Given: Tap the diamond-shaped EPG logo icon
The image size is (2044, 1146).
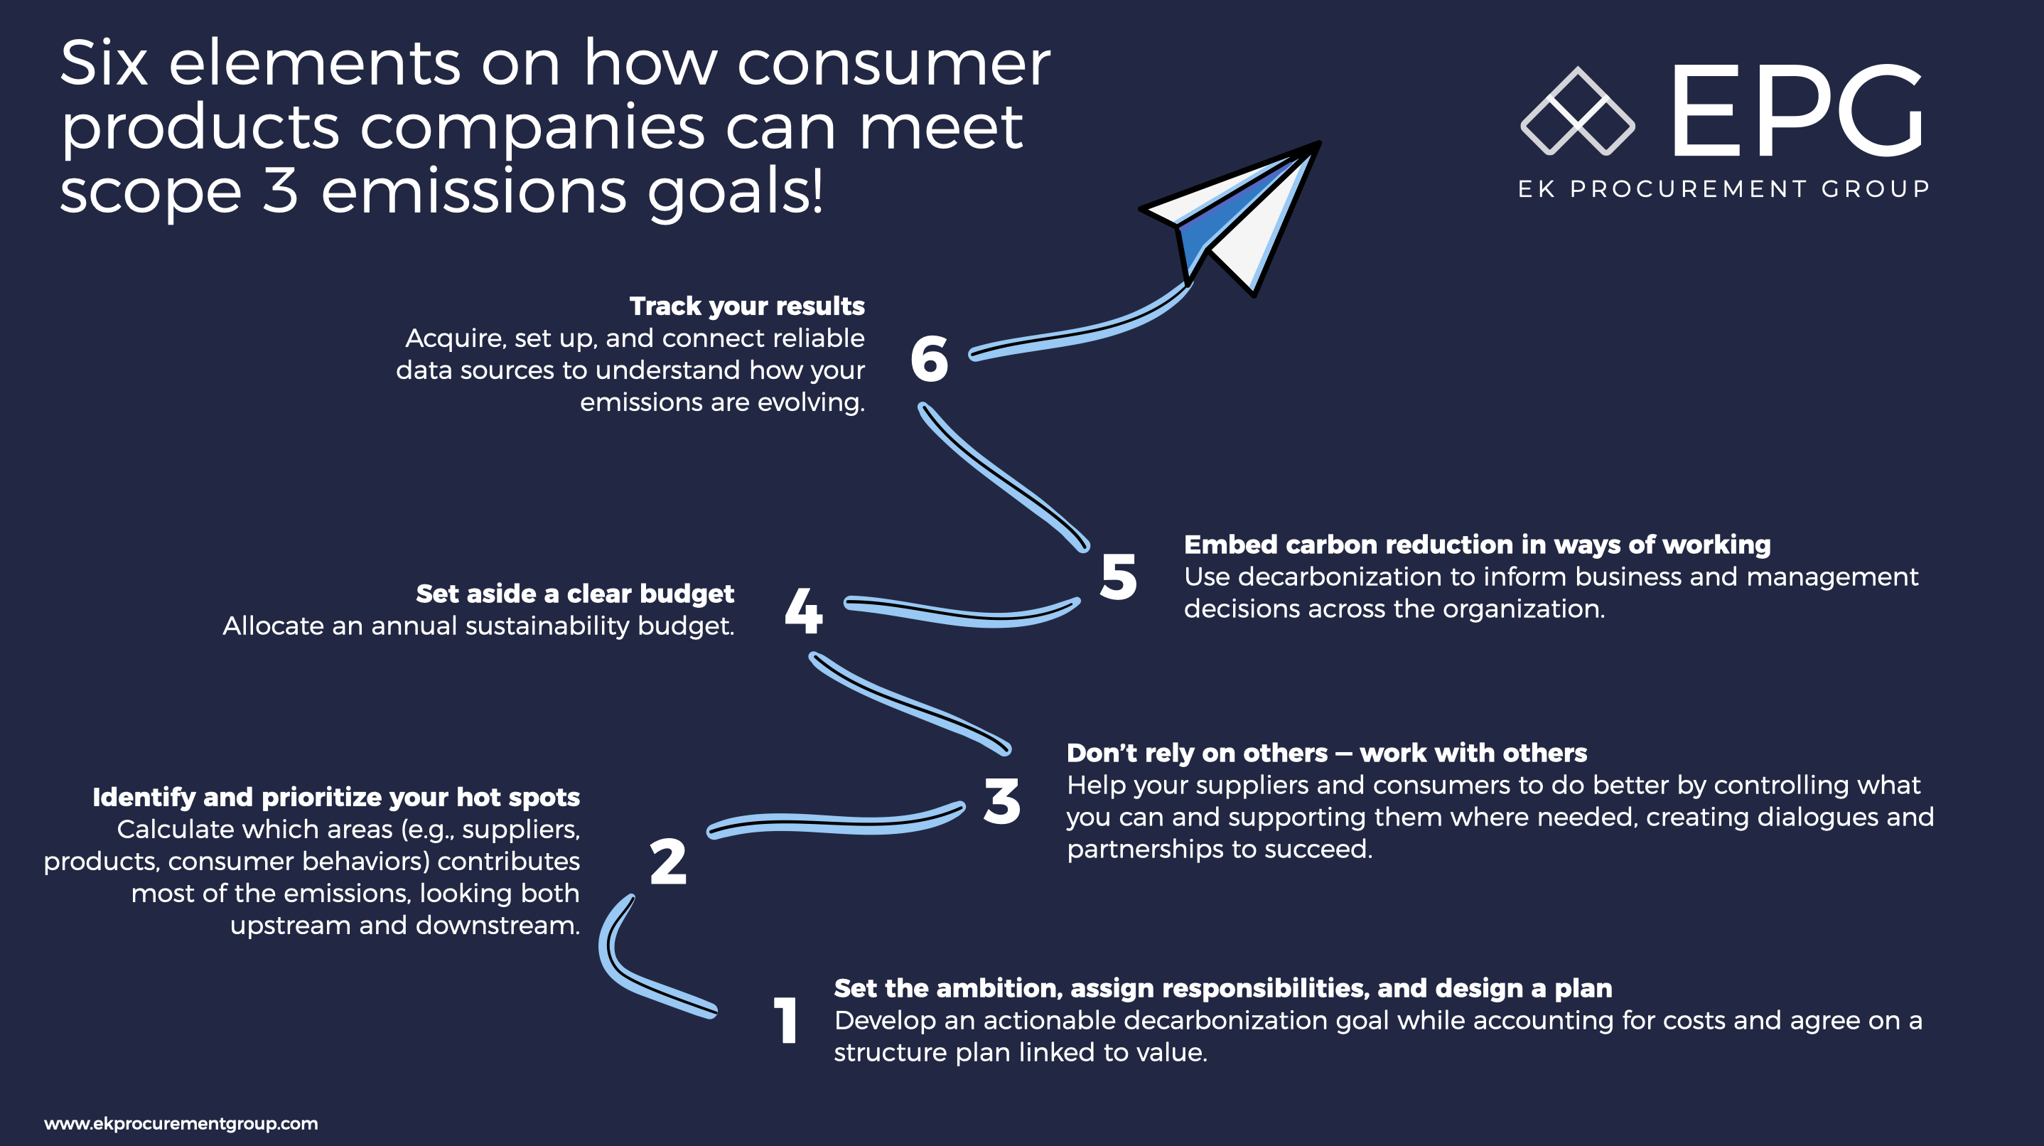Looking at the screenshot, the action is pyautogui.click(x=1578, y=112).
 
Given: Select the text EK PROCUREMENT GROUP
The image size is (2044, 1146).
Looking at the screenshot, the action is pyautogui.click(x=1723, y=189).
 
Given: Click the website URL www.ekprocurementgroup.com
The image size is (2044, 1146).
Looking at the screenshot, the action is pyautogui.click(x=181, y=1123).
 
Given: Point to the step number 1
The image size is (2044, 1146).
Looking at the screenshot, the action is pyautogui.click(x=785, y=1020).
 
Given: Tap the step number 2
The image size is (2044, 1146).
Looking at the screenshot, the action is pyautogui.click(x=668, y=862).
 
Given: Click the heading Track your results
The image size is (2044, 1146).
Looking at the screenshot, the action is pyautogui.click(x=747, y=306).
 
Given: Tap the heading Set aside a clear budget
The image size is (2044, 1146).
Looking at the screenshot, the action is pyautogui.click(x=575, y=594).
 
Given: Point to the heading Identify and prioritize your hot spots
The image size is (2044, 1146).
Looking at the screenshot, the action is pyautogui.click(x=336, y=797).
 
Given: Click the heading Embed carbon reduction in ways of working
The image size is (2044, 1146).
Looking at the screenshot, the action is pyautogui.click(x=1478, y=545).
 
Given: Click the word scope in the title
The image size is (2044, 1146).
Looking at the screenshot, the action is pyautogui.click(x=151, y=193).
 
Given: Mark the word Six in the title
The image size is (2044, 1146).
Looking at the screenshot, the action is pyautogui.click(x=104, y=63).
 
